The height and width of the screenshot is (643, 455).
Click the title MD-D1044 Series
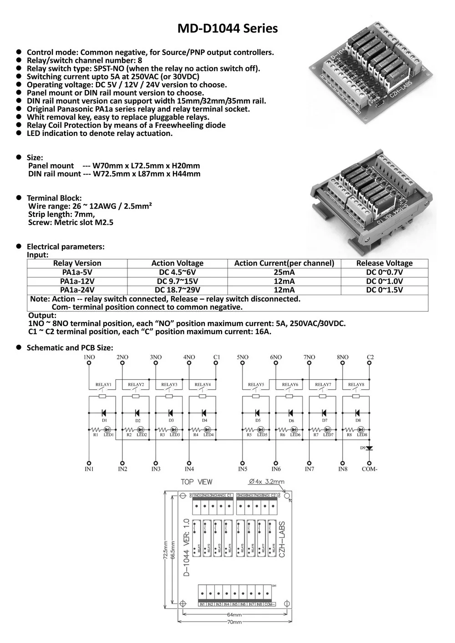(227, 29)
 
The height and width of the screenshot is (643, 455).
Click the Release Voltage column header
(384, 263)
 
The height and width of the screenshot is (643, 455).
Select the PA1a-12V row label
(77, 281)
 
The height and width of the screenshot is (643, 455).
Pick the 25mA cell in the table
(284, 272)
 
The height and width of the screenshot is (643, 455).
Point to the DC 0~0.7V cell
(384, 272)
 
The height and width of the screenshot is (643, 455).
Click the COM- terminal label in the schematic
(369, 469)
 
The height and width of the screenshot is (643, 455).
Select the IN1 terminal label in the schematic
(89, 469)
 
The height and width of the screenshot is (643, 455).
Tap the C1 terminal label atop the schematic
(217, 357)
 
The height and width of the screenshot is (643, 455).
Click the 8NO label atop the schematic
(343, 357)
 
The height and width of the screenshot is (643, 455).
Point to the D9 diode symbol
(369, 448)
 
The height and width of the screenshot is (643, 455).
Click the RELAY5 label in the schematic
(256, 385)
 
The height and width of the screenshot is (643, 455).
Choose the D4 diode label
(205, 421)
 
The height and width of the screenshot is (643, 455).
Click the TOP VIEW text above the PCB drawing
(197, 482)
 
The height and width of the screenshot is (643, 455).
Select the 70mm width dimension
(234, 622)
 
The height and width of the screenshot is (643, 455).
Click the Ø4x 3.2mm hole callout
(267, 482)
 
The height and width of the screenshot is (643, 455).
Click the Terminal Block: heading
(54, 198)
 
